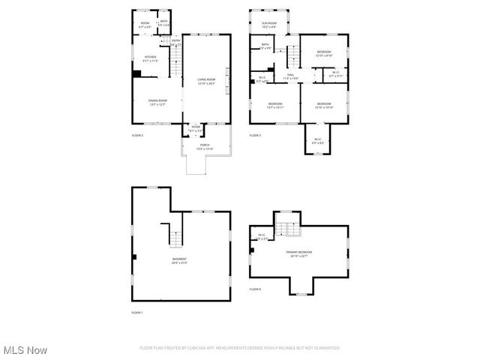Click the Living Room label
click(206, 81)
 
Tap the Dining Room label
click(157, 102)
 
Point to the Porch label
click(205, 146)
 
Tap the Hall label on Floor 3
click(290, 76)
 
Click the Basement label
click(179, 260)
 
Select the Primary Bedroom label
click(298, 253)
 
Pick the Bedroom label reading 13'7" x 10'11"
click(275, 105)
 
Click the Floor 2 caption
click(137, 135)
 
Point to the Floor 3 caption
click(256, 135)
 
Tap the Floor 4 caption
click(256, 289)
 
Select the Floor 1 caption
click(137, 312)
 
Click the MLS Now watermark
click(25, 350)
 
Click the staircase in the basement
click(174, 235)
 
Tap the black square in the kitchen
click(136, 73)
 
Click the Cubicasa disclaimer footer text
click(239, 348)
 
